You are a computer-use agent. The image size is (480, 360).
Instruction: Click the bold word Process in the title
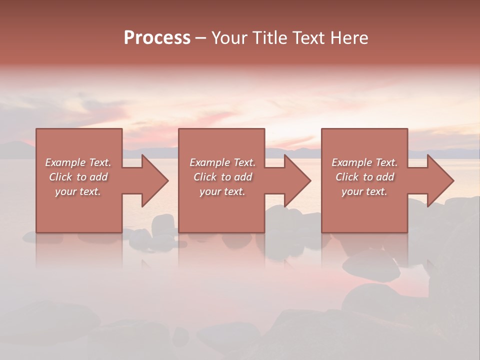(157, 38)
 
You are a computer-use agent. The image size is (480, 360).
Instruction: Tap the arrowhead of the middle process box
(296, 180)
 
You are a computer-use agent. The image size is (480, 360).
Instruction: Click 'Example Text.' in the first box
(78, 162)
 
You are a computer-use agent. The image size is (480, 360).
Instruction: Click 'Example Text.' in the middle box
(222, 162)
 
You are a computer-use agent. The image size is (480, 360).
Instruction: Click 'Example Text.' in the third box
(364, 162)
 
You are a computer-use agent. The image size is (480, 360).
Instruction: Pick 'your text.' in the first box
(78, 191)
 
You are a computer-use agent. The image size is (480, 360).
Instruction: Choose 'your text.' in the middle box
(222, 191)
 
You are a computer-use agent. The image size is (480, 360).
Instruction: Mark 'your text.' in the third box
(364, 191)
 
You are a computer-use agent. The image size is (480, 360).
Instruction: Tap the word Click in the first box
(60, 177)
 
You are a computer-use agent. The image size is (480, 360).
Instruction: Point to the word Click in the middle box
(205, 177)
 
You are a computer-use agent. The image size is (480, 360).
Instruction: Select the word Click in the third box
(347, 177)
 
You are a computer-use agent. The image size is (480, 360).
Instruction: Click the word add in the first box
(99, 177)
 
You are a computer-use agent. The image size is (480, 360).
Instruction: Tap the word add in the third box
(385, 177)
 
